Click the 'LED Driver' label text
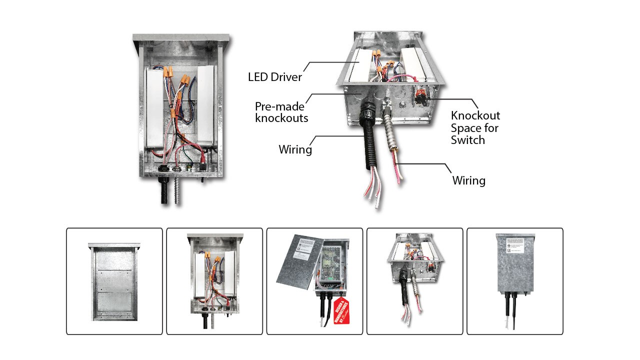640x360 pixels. (x=275, y=77)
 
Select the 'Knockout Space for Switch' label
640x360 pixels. (x=475, y=127)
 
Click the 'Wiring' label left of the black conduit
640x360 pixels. (x=295, y=149)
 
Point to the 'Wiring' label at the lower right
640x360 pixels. (x=468, y=180)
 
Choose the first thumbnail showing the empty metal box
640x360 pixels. (x=114, y=281)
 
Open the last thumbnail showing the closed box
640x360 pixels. (x=514, y=281)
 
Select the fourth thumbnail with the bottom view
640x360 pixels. (x=414, y=281)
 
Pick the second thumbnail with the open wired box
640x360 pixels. (x=214, y=281)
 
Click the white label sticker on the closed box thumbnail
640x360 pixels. (x=514, y=245)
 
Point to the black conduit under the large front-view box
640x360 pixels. (x=164, y=192)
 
